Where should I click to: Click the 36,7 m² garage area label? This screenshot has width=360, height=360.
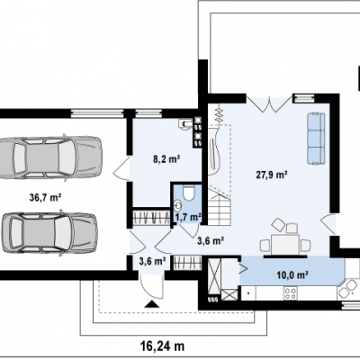(x=46, y=197)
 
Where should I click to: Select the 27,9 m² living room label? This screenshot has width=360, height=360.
(x=272, y=175)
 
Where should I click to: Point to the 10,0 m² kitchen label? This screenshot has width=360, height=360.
(x=292, y=274)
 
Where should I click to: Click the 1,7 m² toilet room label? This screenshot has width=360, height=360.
(x=188, y=218)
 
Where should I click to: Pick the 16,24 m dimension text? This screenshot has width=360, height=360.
(x=162, y=346)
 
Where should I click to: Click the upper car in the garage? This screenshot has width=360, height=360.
(x=50, y=157)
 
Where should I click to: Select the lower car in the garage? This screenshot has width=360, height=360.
(x=49, y=233)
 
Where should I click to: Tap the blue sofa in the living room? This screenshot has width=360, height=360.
(x=316, y=139)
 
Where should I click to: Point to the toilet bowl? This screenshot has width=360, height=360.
(x=189, y=193)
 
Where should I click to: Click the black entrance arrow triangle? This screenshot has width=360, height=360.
(x=152, y=304)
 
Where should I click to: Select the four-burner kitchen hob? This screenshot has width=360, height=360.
(x=291, y=293)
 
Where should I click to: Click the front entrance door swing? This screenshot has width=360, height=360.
(x=152, y=284)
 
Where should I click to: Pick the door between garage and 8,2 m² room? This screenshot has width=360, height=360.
(x=121, y=168)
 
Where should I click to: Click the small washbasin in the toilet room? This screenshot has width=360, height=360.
(x=178, y=205)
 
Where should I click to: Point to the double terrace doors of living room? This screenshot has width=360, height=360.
(x=269, y=104)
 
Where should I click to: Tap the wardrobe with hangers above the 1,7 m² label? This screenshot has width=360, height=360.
(x=151, y=217)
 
